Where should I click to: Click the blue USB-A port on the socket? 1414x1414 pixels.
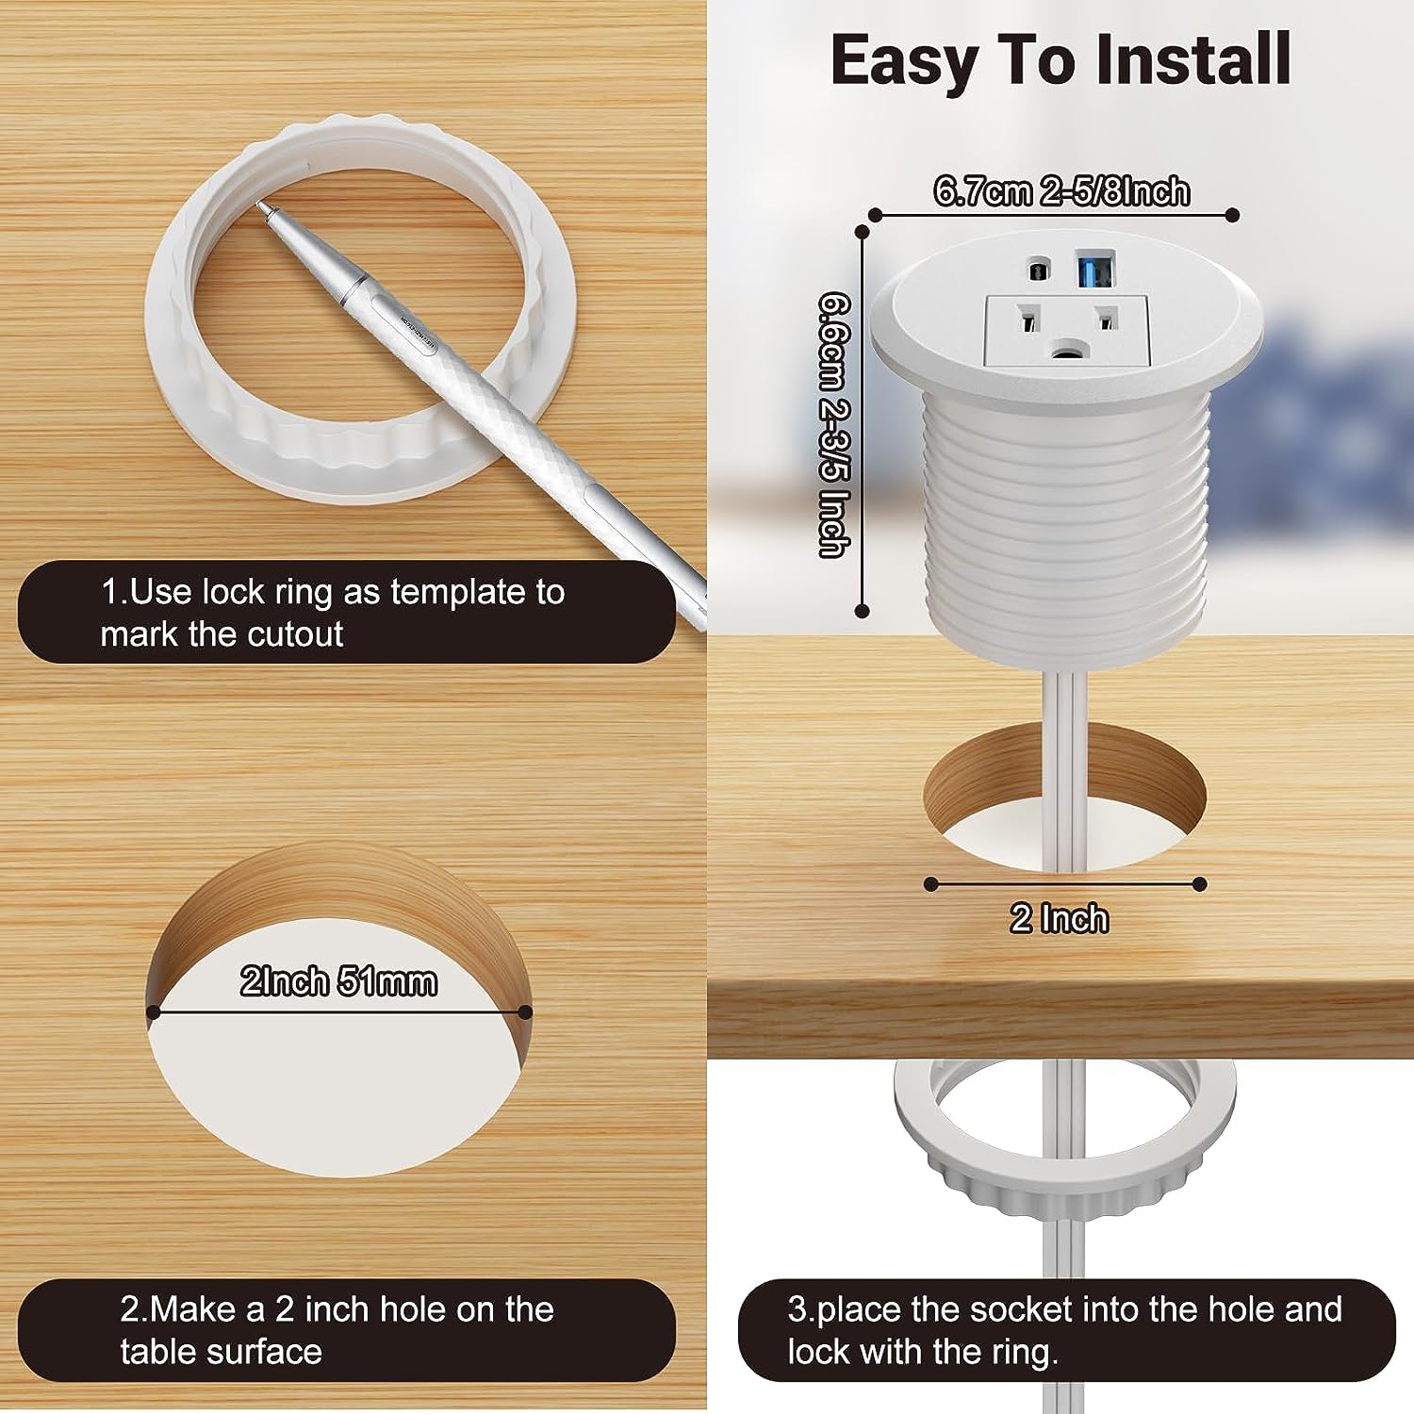1095,271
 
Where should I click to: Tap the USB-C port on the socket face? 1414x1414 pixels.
1038,271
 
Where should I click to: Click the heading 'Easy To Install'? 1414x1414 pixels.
1060,60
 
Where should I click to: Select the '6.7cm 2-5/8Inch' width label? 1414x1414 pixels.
1061,191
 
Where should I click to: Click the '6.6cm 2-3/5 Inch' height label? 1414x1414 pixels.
834,424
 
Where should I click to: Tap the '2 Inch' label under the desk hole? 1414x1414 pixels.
1060,918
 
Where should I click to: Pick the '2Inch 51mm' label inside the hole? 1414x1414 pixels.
338,982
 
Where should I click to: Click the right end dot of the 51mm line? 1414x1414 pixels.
526,1012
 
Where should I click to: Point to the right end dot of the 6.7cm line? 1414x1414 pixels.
1232,215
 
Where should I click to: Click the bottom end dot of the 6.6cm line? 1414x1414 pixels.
862,611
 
